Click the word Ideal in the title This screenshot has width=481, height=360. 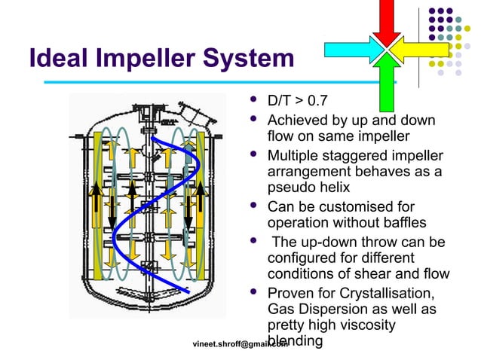(54, 58)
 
